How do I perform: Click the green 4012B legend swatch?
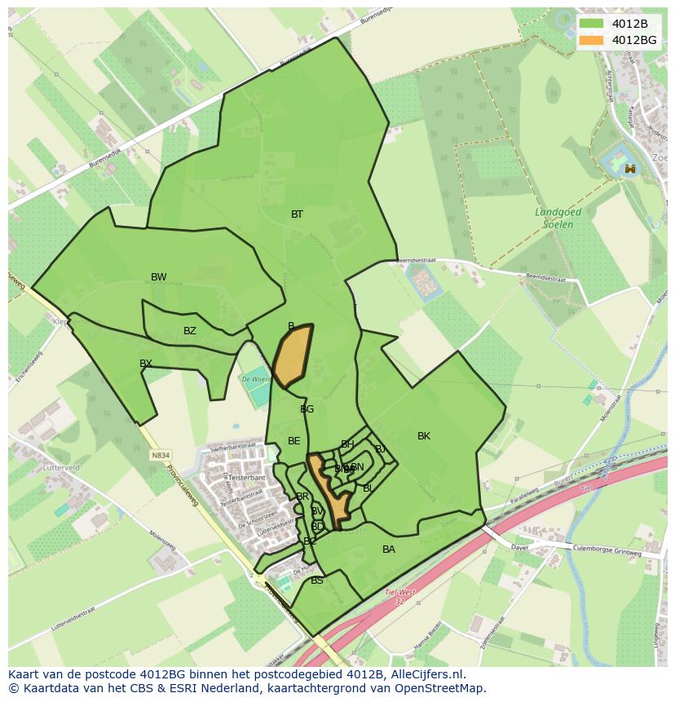coord(592,24)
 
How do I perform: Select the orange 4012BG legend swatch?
coord(592,40)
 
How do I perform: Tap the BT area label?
coord(297,214)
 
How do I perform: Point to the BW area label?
coord(159,277)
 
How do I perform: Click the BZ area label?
coord(190,331)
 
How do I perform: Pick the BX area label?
coord(146,364)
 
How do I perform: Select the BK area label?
coord(424,436)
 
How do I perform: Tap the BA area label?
coord(389,550)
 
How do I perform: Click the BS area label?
coord(317,581)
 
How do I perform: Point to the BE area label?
coord(294,441)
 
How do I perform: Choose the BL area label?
coord(368,488)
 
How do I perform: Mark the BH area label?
coord(347,444)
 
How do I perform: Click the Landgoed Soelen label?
coord(558,218)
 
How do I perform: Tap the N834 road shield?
coord(161,456)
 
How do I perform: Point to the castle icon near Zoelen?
coord(630,169)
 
